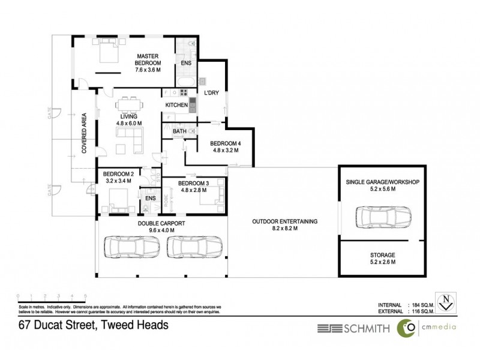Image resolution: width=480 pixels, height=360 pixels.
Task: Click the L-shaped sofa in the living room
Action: point(128,139)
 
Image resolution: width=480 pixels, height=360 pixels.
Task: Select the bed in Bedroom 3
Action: point(212,197)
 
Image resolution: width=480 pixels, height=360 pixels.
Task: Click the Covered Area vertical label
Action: point(85,133)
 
